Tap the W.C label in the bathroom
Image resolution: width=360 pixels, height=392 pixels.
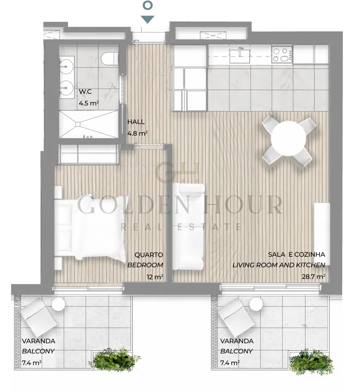coord(85,92)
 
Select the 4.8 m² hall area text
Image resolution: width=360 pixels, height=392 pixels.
coord(137,133)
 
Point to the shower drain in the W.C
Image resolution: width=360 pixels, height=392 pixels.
coord(78,124)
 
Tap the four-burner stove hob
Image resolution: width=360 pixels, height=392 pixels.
coord(282,55)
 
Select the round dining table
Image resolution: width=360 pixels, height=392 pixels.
coord(288,138)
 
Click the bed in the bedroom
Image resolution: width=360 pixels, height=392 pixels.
coord(90,227)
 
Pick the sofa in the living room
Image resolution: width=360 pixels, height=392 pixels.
coord(188,226)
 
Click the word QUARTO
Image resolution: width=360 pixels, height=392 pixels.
coord(149,255)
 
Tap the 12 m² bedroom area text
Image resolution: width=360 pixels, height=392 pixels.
coord(155,277)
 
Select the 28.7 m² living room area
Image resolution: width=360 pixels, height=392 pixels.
coord(313,276)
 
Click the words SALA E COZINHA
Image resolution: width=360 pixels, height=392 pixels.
coord(297,255)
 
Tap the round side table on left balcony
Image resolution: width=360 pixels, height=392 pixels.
coord(58,304)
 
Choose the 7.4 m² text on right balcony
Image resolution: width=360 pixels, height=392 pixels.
coord(230,363)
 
